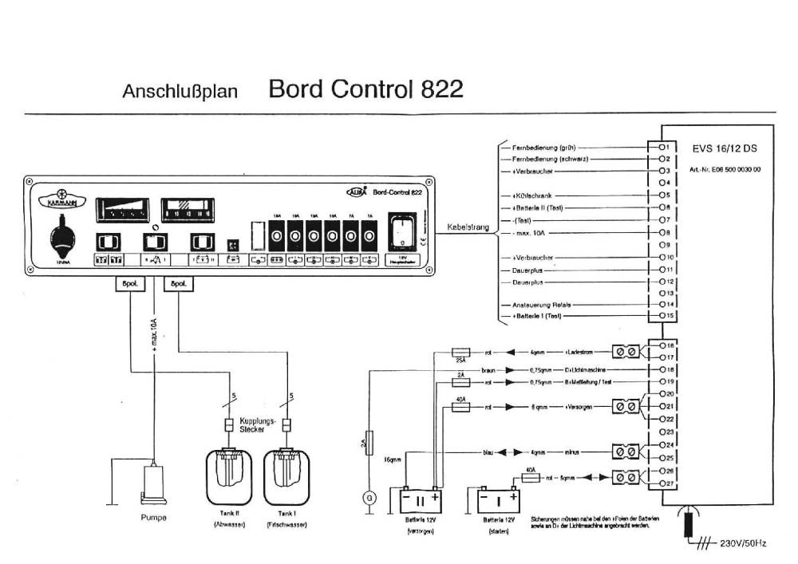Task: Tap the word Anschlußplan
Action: (x=180, y=90)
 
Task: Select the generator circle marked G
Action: (x=369, y=498)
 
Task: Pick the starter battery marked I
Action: (x=497, y=500)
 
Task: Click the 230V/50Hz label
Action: (x=740, y=543)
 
